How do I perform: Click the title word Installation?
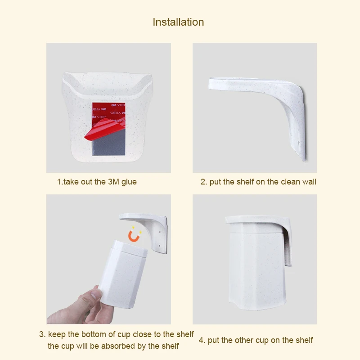point(178,22)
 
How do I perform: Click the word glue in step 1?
point(129,182)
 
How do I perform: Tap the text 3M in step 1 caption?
point(113,182)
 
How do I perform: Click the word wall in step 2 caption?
point(309,182)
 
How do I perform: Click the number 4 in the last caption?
point(201,340)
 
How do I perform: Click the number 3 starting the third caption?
point(41,334)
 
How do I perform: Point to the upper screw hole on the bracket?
point(160,232)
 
